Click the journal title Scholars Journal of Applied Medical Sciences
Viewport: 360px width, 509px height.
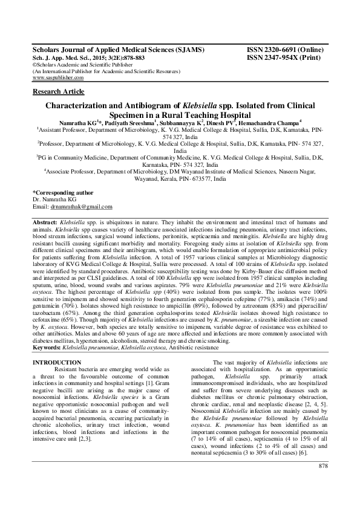click(x=118, y=49)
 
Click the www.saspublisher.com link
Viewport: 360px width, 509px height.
click(x=57, y=78)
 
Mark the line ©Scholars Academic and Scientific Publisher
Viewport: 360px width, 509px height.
click(x=77, y=64)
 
